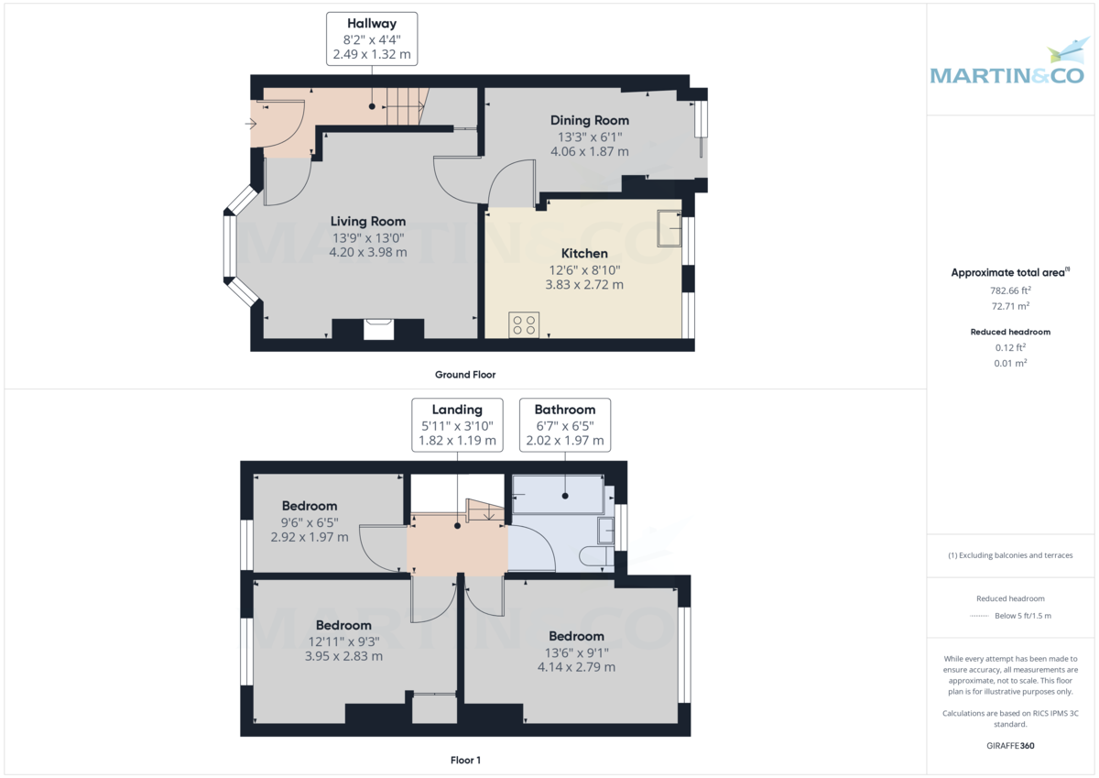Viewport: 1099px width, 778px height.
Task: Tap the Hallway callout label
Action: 372,39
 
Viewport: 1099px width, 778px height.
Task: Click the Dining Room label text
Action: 589,120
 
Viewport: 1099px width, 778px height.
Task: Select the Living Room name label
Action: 368,222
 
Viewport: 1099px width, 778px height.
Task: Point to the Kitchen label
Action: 584,253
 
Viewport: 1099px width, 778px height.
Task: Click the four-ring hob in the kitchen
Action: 524,325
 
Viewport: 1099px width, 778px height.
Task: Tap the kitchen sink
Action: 669,228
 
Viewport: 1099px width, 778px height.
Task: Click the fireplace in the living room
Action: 378,329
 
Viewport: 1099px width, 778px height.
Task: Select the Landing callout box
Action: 457,425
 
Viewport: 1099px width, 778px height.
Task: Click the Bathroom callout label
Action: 565,425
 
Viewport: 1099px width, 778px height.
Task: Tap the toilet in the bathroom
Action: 596,556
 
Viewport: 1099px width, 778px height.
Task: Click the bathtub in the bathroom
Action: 559,494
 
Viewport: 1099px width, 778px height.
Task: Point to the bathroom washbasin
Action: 605,531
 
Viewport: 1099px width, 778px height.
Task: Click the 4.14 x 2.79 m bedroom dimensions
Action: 576,667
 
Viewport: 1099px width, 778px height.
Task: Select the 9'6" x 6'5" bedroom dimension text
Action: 310,522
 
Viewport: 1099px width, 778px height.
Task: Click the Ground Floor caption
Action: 465,375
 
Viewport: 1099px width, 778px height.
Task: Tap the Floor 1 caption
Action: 465,760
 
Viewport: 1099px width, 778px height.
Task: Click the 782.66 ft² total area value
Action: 1010,290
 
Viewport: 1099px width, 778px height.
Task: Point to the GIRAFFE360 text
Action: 1010,746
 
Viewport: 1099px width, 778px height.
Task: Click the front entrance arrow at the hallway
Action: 251,124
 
